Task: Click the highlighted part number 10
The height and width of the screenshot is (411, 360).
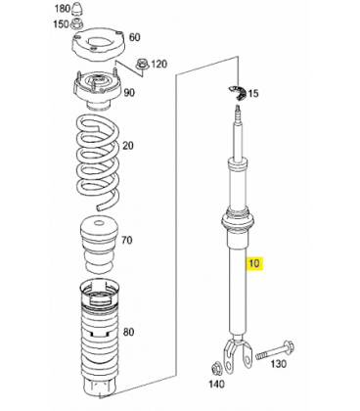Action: (254, 263)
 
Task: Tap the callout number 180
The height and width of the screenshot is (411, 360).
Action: (62, 9)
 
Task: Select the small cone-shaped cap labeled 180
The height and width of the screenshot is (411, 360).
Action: (77, 8)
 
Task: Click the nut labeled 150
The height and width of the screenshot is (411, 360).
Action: (78, 23)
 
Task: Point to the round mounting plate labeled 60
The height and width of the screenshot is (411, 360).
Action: (98, 45)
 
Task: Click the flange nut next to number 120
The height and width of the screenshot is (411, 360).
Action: (142, 64)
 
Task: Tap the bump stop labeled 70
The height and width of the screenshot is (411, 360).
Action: (98, 245)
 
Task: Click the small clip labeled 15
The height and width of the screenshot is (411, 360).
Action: (237, 93)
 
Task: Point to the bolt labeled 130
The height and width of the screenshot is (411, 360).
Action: (275, 351)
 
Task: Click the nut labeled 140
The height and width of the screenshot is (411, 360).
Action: (216, 368)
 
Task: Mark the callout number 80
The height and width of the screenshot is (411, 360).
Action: (128, 333)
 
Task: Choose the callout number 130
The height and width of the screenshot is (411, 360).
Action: (278, 363)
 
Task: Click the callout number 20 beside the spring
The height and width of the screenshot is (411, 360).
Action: (128, 146)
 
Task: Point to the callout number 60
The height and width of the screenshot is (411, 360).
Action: (135, 37)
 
